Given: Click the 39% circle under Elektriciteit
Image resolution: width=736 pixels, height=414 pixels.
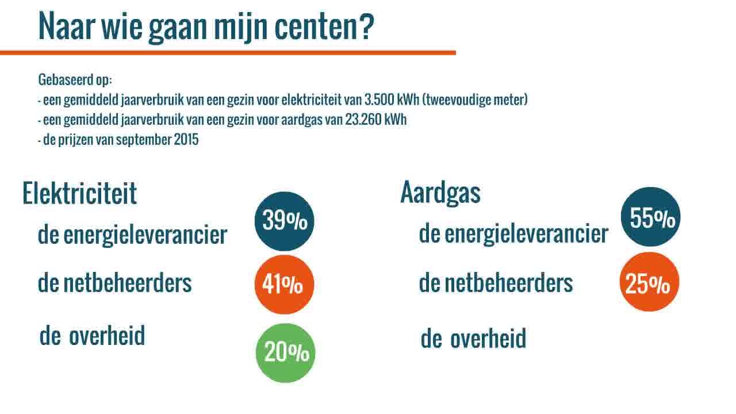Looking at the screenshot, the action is point(284,221).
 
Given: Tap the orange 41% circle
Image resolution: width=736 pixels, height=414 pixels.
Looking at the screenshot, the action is point(284,284).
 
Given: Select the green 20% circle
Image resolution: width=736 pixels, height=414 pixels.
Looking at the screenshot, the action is point(285,353).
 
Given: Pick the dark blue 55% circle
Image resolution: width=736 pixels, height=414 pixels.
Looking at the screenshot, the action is point(650,217).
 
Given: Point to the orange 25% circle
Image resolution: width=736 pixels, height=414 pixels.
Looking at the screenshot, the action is point(649,282).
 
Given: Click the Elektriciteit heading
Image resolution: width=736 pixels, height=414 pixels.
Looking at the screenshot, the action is point(79,193).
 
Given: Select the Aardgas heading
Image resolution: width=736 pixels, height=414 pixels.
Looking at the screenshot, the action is point(440,193).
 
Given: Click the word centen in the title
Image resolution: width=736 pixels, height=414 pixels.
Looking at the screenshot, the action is point(316,27).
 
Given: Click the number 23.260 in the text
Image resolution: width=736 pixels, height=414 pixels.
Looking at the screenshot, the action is point(363,120).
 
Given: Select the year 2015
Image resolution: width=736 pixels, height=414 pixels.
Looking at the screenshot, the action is point(186,140).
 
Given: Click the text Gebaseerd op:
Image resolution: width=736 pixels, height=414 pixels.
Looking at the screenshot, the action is point(75,80).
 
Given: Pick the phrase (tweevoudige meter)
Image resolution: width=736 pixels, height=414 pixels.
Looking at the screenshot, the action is point(475,100).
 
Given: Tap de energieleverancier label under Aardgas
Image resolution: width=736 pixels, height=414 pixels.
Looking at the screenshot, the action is point(513,235).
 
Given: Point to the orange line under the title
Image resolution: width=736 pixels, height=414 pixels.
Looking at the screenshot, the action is point(228,53).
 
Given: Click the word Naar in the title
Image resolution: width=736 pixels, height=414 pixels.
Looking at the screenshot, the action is point(67,26).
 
